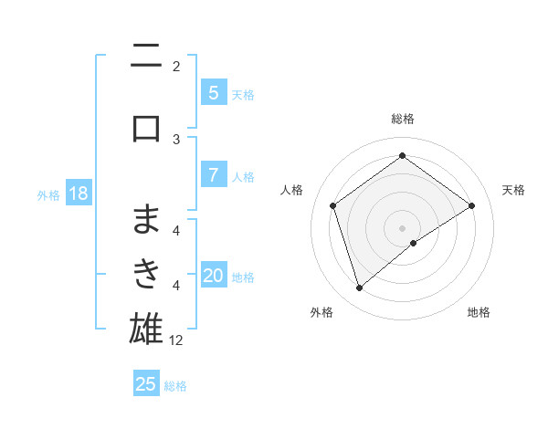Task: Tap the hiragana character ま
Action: point(146,219)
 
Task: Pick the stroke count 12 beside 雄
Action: point(176,340)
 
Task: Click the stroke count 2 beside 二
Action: point(176,67)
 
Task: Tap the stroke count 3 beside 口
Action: point(176,139)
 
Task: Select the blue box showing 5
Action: point(213,92)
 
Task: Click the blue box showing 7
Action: point(213,175)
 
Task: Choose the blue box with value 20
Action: point(213,276)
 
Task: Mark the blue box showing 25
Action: point(146,384)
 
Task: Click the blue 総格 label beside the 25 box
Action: point(175,386)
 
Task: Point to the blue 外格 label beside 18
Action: point(48,195)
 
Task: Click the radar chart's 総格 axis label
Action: point(402,119)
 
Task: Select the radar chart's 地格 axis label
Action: point(479,313)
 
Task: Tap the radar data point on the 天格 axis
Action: point(472,205)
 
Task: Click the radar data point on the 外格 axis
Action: point(359,288)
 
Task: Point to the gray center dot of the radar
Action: point(403,227)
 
